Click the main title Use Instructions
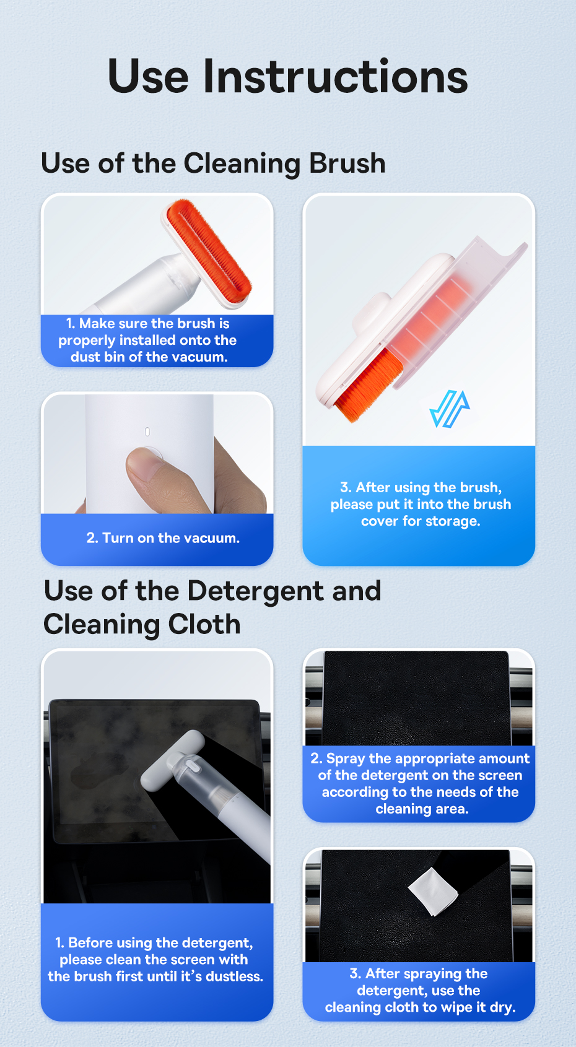(x=287, y=76)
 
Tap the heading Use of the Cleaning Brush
(x=213, y=163)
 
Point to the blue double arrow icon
(x=450, y=409)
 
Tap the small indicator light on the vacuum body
(x=147, y=432)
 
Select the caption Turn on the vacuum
(x=163, y=538)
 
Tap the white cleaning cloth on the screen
(x=433, y=892)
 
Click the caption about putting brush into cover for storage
(x=421, y=505)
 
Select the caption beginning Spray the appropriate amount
(x=420, y=783)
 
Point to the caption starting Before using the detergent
(x=155, y=959)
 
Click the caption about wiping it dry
(x=420, y=990)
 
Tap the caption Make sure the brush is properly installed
(x=148, y=340)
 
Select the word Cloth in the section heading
(x=204, y=625)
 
